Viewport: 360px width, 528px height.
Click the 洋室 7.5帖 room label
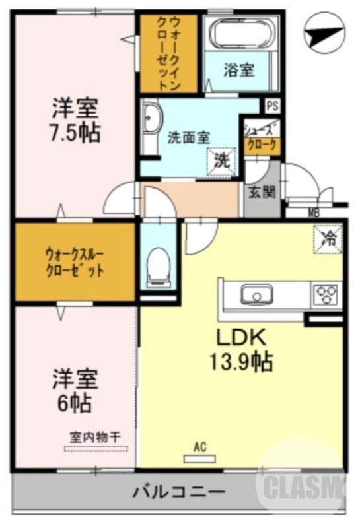77,121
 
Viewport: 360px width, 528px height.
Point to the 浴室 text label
238,70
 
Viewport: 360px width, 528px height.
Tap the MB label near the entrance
314,213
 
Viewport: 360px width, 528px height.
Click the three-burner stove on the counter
325,292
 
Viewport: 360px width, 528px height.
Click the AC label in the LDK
200,447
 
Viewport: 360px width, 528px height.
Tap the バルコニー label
179,492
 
